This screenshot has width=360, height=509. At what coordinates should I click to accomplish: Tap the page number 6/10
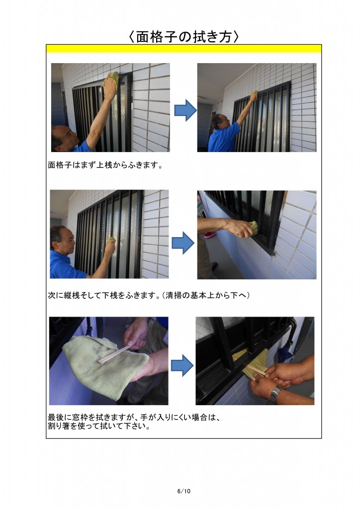[183, 491]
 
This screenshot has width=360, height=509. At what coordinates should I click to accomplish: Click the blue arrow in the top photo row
[185, 110]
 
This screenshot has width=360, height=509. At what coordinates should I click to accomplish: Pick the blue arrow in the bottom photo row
[182, 365]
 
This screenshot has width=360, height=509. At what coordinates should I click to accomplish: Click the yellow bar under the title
[183, 48]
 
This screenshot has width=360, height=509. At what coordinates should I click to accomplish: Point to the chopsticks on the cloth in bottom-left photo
[115, 354]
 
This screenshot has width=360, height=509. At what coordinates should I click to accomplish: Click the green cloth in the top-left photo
[112, 81]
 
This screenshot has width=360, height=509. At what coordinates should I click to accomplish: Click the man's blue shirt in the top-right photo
[223, 139]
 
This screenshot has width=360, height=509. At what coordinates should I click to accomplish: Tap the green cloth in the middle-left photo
[111, 241]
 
